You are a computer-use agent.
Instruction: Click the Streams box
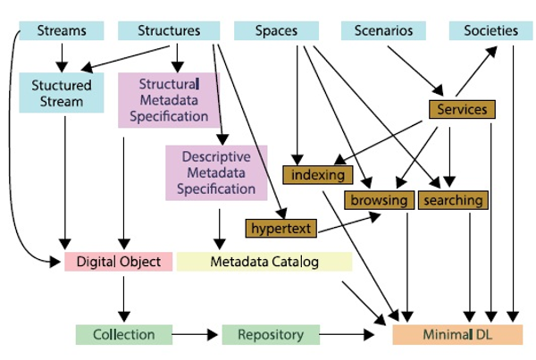coord(62,31)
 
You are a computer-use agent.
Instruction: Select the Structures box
coord(169,31)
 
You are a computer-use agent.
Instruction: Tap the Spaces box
coord(277,31)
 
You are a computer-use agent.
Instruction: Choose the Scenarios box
coord(383,31)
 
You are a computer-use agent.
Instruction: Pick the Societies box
coord(490,31)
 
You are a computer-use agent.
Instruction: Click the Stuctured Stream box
coord(63,94)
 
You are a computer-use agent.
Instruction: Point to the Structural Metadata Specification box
coord(169,99)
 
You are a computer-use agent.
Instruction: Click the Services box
coord(462,110)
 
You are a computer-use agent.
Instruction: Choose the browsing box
coord(380,200)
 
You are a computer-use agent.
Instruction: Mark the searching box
coord(453,200)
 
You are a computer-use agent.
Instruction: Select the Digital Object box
coord(119,262)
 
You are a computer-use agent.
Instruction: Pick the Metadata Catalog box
coord(264,262)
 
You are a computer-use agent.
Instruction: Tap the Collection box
coord(123,335)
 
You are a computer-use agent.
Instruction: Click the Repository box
coord(269,335)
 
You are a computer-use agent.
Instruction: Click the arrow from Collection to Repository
coord(195,335)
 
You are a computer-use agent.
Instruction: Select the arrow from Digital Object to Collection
coord(124,297)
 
